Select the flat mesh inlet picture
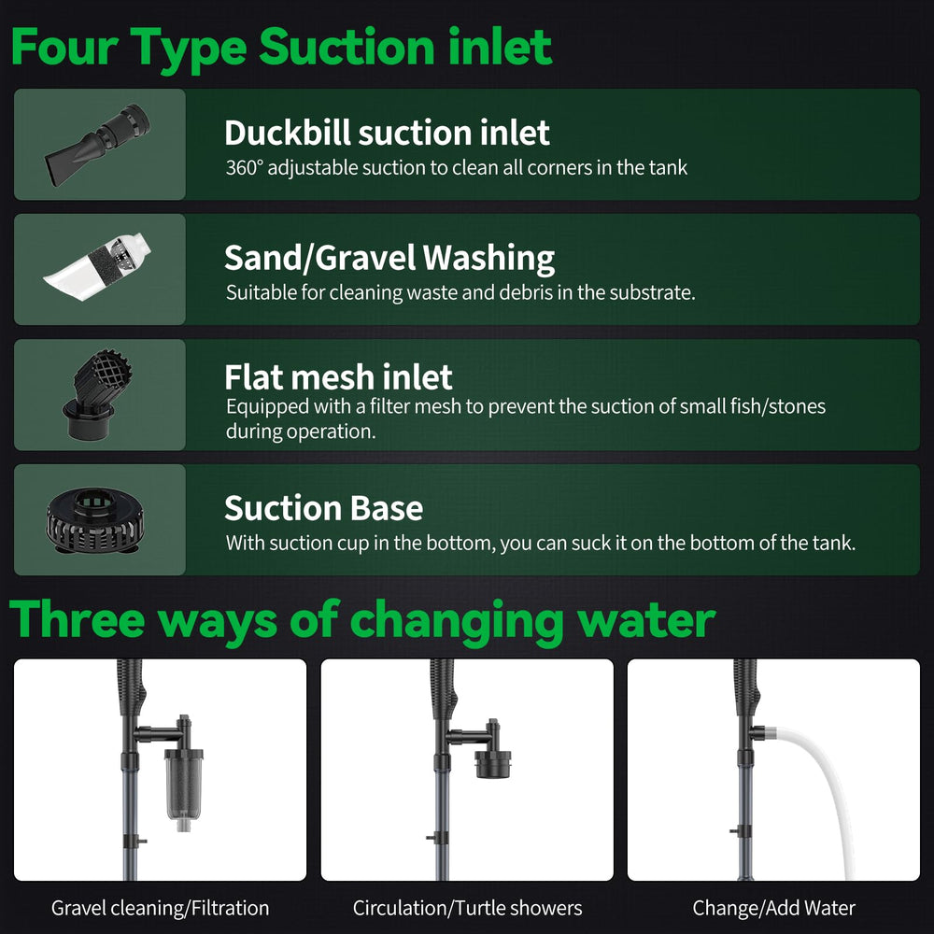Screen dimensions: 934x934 pos(97,394)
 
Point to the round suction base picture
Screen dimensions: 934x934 pos(96,520)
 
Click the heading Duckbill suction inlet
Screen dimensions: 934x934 pos(387,133)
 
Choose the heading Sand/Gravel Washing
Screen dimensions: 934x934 pos(389,259)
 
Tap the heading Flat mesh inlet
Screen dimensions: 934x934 pos(338,377)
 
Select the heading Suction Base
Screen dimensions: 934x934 pos(323,508)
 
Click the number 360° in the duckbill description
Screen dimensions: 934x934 pos(244,167)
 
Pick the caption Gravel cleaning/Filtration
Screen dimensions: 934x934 pos(161,908)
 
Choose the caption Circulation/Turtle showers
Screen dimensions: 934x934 pos(468,908)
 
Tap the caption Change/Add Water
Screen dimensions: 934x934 pos(773,908)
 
